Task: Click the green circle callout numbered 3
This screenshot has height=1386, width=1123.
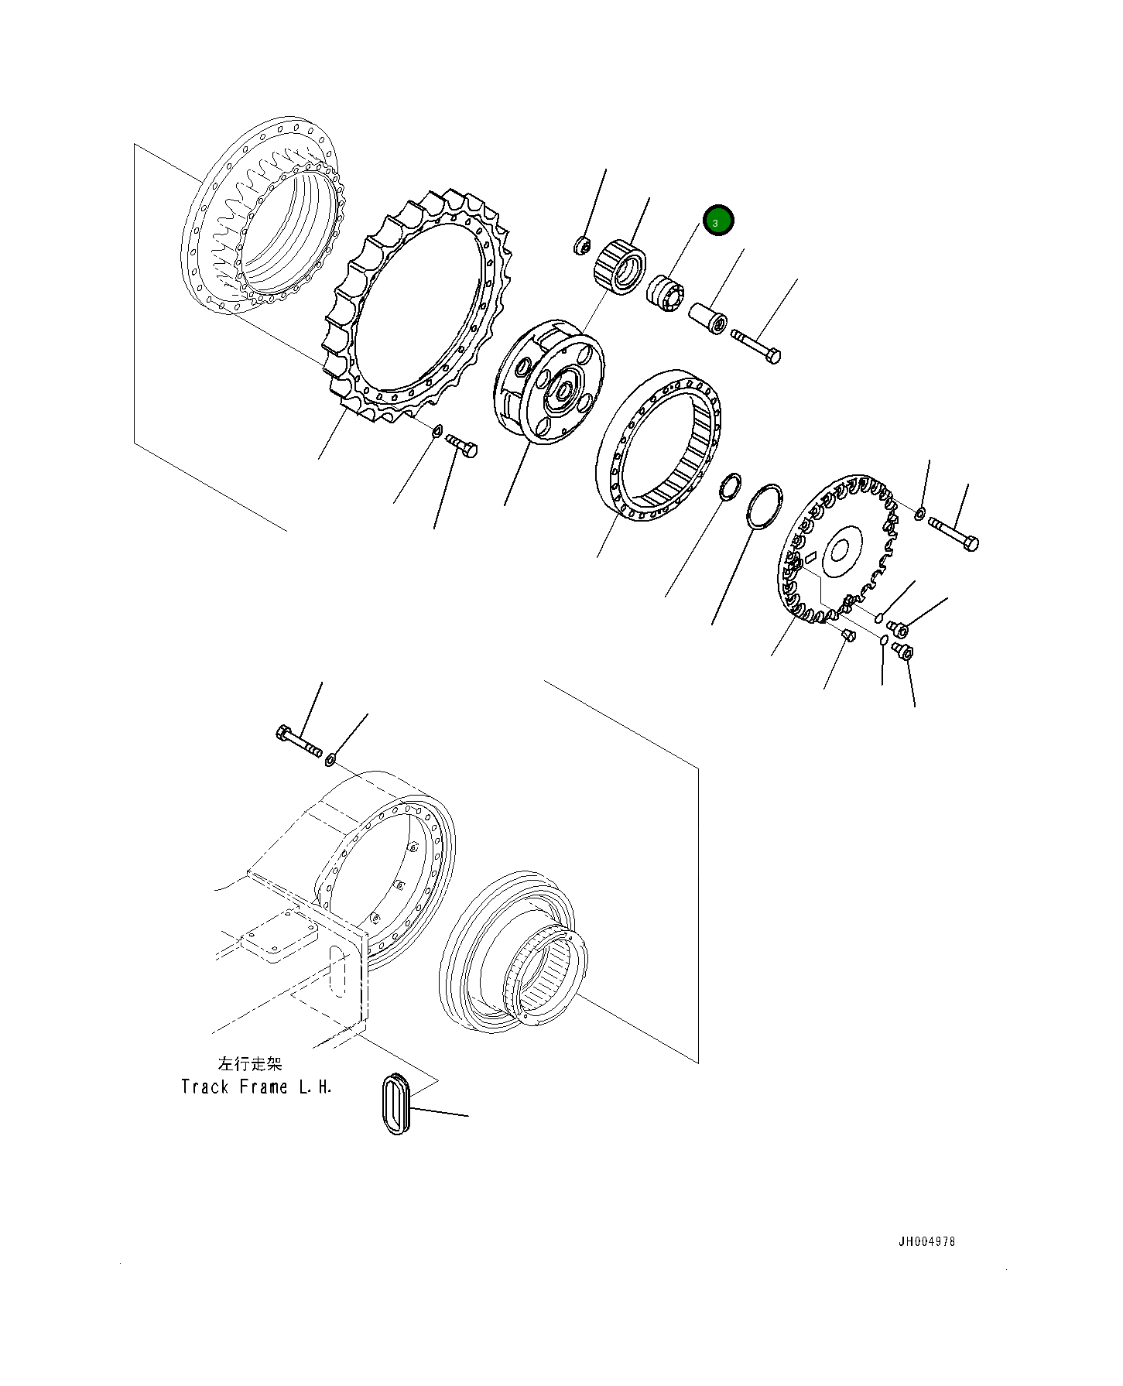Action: (717, 221)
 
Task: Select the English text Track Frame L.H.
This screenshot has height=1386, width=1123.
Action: (256, 1087)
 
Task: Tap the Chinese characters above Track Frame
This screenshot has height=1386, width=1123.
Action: (251, 1064)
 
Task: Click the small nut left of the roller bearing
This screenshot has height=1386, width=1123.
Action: (581, 247)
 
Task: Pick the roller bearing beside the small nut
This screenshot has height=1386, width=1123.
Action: (619, 266)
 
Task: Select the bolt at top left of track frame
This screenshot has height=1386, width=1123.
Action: (299, 741)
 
